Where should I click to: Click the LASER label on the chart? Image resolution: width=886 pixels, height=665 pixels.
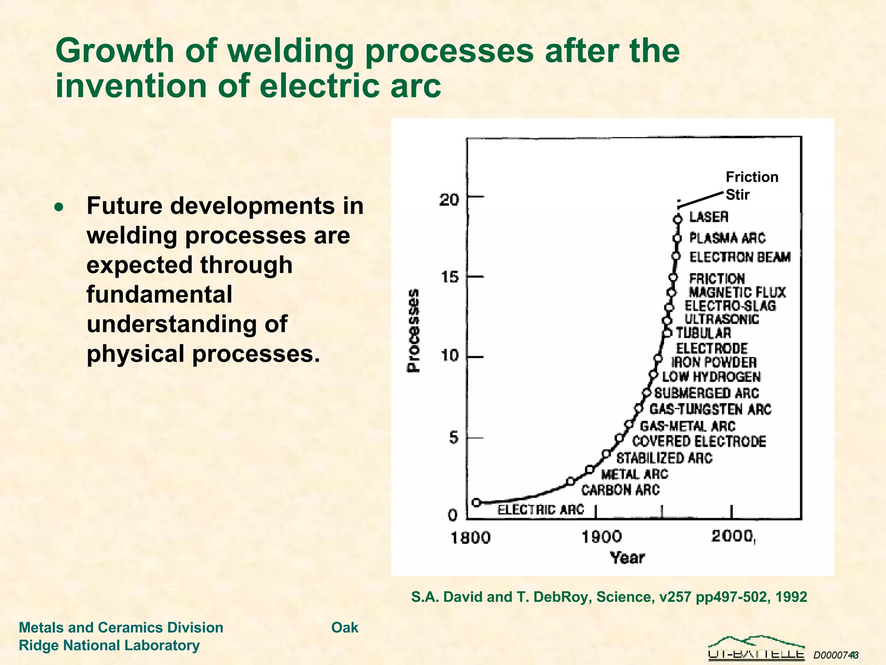pyautogui.click(x=709, y=216)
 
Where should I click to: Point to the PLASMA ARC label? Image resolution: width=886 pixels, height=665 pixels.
pyautogui.click(x=727, y=238)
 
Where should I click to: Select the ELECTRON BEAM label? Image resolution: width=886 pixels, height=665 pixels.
pyautogui.click(x=740, y=257)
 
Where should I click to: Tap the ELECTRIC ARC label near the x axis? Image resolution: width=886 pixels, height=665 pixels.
pyautogui.click(x=540, y=510)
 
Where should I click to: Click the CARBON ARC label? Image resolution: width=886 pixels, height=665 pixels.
pyautogui.click(x=620, y=490)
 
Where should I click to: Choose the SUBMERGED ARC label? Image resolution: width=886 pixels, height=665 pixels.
pyautogui.click(x=706, y=393)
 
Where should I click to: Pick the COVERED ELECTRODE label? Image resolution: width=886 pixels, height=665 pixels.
pyautogui.click(x=699, y=442)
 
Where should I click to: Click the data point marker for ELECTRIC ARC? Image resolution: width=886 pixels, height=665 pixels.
pyautogui.click(x=476, y=502)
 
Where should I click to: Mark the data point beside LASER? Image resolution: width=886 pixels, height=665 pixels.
pyautogui.click(x=678, y=220)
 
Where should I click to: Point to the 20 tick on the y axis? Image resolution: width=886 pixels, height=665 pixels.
pyautogui.click(x=449, y=200)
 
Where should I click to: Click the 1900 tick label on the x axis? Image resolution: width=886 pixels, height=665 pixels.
pyautogui.click(x=601, y=537)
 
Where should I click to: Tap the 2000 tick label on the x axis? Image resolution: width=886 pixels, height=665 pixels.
pyautogui.click(x=732, y=536)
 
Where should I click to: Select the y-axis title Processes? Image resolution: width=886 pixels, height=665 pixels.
pyautogui.click(x=414, y=330)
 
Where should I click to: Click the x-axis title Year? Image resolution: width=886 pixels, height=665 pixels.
pyautogui.click(x=627, y=558)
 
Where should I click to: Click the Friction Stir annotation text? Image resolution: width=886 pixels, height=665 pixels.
pyautogui.click(x=751, y=186)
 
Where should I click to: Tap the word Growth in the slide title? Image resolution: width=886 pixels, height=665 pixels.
pyautogui.click(x=115, y=51)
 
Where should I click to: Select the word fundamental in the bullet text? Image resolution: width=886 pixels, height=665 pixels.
pyautogui.click(x=159, y=294)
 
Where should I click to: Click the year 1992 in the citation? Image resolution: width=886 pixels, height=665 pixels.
pyautogui.click(x=791, y=597)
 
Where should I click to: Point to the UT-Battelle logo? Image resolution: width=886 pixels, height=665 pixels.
pyautogui.click(x=756, y=648)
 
